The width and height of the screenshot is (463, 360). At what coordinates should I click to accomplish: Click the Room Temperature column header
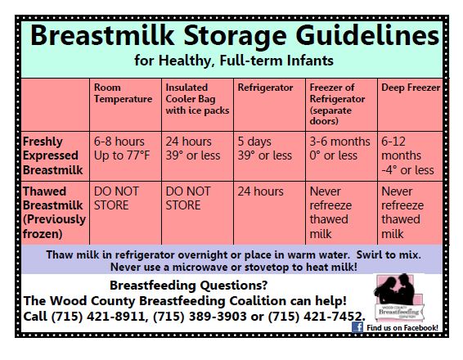(124, 93)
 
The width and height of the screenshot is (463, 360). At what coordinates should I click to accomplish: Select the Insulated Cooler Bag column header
(197, 99)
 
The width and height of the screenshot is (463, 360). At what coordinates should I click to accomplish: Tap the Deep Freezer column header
(411, 88)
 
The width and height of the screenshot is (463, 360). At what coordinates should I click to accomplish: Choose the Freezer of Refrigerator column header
(337, 104)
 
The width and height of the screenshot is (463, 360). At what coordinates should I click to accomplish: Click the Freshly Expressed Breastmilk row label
(53, 155)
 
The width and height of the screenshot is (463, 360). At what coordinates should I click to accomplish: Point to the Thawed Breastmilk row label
(54, 213)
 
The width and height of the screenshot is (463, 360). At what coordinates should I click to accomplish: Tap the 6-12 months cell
(407, 155)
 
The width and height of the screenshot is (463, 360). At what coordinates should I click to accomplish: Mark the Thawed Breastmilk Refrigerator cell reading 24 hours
(260, 191)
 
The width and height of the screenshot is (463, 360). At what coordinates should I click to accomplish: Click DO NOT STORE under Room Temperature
(116, 198)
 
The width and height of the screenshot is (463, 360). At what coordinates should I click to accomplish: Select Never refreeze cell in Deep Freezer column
(402, 213)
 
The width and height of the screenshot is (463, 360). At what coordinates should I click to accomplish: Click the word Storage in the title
(236, 36)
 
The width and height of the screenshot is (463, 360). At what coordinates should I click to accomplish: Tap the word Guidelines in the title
(368, 35)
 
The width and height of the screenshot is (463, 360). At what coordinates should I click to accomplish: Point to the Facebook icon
(357, 327)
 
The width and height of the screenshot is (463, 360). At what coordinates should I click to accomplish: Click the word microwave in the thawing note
(200, 268)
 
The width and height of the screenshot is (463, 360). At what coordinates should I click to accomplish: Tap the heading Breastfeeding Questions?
(189, 286)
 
